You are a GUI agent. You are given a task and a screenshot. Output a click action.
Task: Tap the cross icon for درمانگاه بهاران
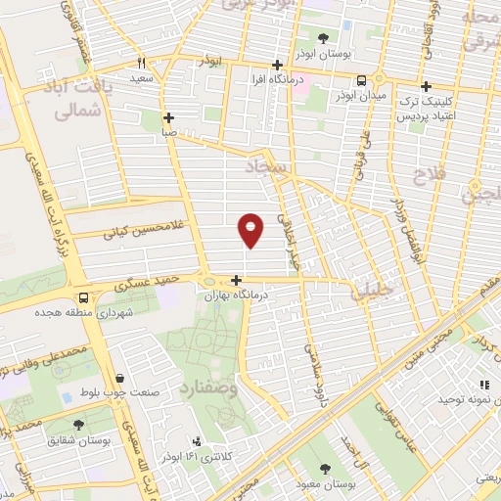pos(236,280)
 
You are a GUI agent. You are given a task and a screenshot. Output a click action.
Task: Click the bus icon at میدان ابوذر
pos(361,81)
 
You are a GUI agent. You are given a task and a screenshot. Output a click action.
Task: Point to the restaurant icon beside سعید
pos(142,62)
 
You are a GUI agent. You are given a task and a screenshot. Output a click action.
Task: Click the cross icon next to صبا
pos(169,115)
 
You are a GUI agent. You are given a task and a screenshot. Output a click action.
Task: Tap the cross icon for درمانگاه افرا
pos(278,65)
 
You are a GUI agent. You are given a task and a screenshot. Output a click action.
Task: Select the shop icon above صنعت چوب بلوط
pos(119,379)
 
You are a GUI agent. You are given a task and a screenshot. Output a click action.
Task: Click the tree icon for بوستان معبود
pos(324,469)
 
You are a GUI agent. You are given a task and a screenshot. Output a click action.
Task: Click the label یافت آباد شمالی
pos(74,100)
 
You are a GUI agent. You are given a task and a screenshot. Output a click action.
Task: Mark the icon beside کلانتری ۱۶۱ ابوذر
pos(198,441)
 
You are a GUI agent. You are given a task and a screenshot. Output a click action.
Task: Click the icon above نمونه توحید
pos(482,386)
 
